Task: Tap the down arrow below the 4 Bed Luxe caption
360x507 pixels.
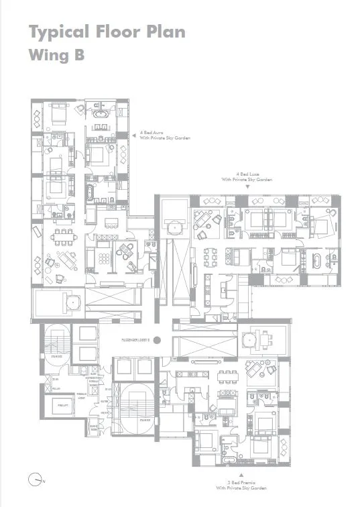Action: click(247, 188)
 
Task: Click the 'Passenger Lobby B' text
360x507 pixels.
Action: click(135, 339)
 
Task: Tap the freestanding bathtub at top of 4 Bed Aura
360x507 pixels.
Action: click(101, 118)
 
